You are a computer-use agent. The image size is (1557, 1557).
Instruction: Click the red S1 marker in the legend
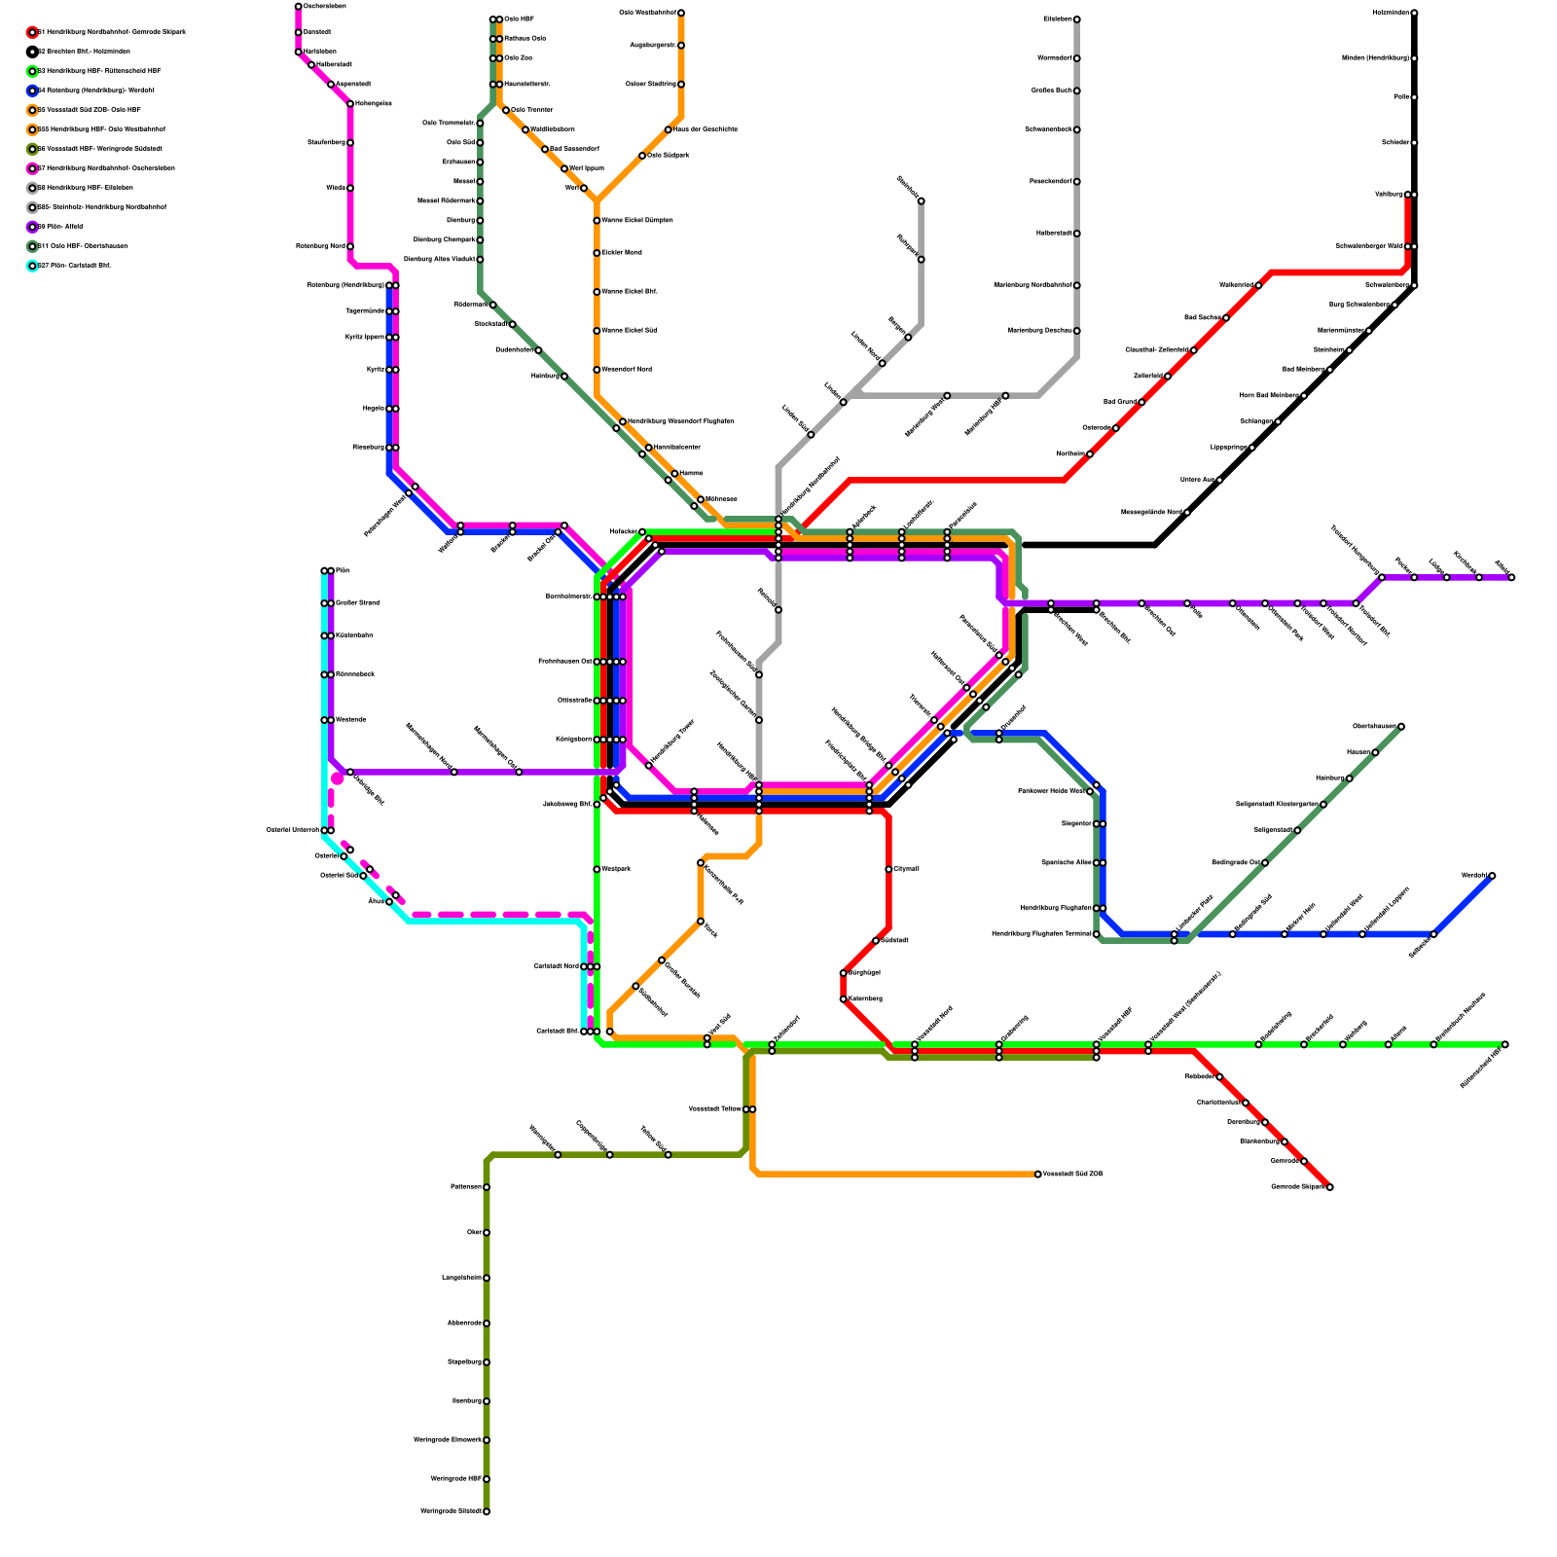pyautogui.click(x=32, y=32)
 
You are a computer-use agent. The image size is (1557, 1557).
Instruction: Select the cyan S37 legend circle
pyautogui.click(x=32, y=266)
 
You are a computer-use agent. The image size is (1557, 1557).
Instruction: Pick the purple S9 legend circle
pyautogui.click(x=32, y=227)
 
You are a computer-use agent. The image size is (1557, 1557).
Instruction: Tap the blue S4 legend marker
pyautogui.click(x=32, y=91)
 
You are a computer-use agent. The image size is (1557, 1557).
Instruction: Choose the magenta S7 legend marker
pyautogui.click(x=32, y=168)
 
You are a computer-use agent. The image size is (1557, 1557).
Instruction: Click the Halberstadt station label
pyautogui.click(x=334, y=65)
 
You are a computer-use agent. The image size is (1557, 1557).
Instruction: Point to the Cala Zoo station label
pyautogui.click(x=518, y=58)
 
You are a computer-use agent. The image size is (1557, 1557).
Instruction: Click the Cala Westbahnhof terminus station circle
pyautogui.click(x=681, y=13)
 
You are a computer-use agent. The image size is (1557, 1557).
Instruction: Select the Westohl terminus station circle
pyautogui.click(x=1492, y=876)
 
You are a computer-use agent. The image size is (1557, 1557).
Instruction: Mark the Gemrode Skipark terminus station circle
pyautogui.click(x=1329, y=1187)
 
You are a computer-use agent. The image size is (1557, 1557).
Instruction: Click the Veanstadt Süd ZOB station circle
pyautogui.click(x=1038, y=1175)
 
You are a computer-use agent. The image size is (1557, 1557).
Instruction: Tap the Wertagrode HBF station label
pyautogui.click(x=456, y=1479)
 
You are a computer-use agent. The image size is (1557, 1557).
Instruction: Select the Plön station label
pyautogui.click(x=343, y=571)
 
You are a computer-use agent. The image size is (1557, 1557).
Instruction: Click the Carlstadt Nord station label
pyautogui.click(x=556, y=966)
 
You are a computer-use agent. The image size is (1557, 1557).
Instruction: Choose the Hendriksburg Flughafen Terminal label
pyautogui.click(x=1041, y=934)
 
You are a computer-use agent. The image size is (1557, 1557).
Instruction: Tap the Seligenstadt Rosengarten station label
pyautogui.click(x=1277, y=805)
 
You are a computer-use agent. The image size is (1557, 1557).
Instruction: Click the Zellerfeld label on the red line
pyautogui.click(x=1147, y=376)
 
